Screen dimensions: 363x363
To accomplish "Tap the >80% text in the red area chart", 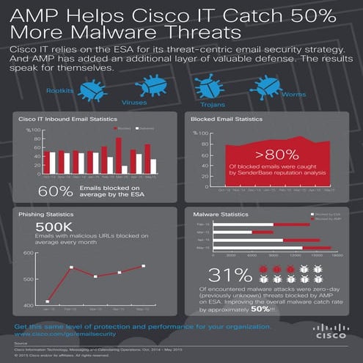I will pos(266,155).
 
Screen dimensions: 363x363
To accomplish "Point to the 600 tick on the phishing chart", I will pos(29,254).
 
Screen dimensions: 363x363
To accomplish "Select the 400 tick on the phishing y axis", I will pos(29,305).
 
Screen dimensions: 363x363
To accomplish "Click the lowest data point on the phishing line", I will pos(48,301).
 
